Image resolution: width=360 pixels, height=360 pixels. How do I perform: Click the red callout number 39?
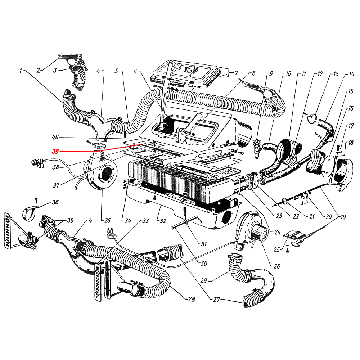(55, 152)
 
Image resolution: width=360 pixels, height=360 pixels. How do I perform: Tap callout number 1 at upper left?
(21, 71)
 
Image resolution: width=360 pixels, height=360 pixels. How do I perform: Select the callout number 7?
(236, 73)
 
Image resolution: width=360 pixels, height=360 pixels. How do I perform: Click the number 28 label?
(191, 299)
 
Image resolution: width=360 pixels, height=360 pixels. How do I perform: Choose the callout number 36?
(55, 202)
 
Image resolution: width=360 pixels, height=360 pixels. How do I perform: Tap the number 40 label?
(55, 138)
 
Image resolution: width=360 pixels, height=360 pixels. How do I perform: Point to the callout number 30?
(204, 263)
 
